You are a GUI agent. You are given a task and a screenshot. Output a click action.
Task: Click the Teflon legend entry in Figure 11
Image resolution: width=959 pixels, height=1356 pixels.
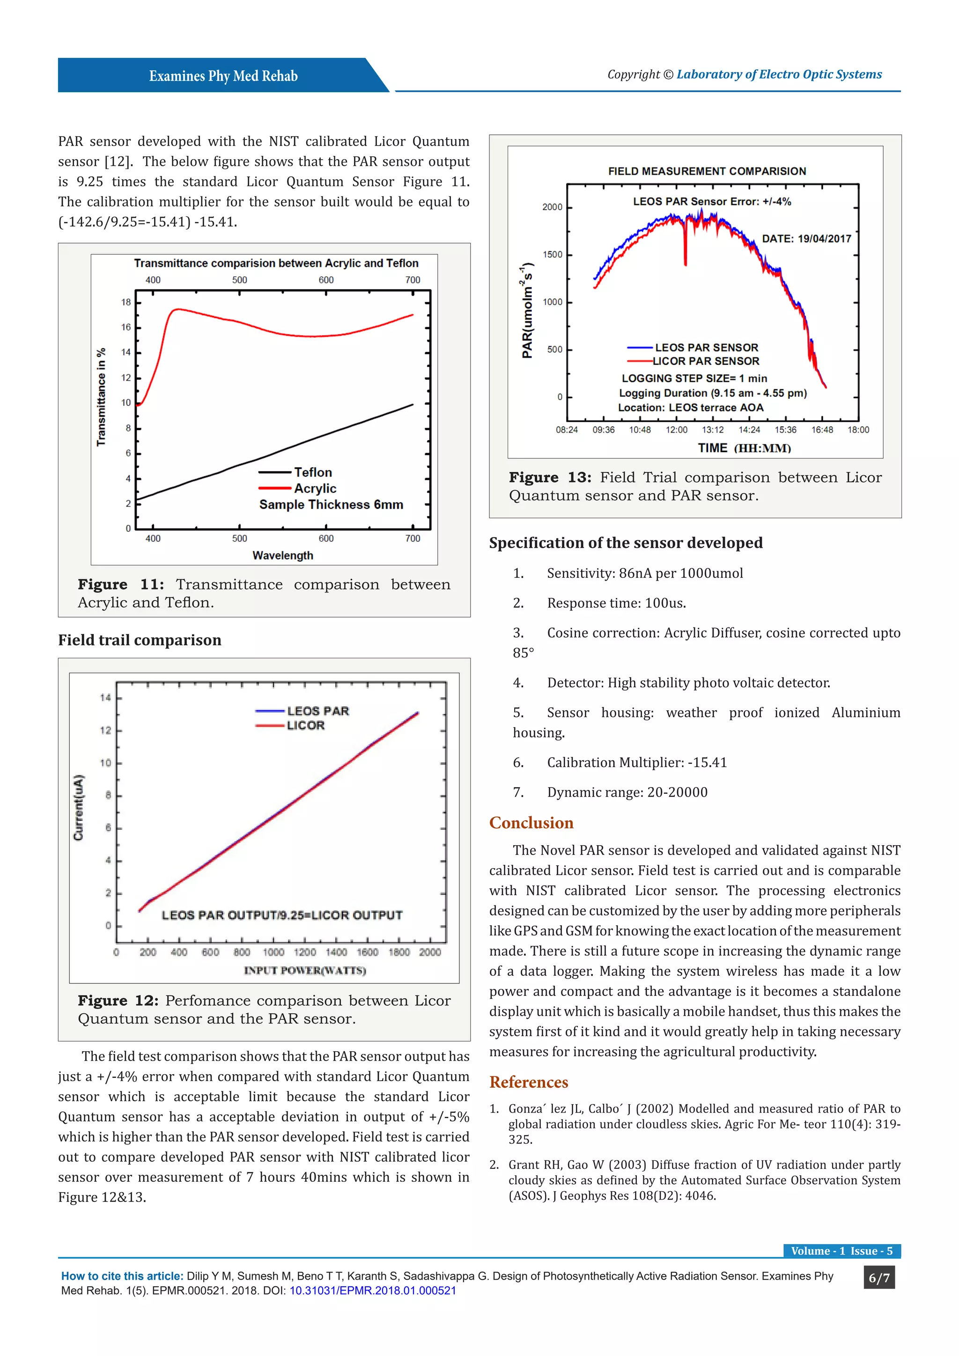pos(313,472)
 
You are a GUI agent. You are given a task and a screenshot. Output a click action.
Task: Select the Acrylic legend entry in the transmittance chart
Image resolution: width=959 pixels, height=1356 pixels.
pos(315,488)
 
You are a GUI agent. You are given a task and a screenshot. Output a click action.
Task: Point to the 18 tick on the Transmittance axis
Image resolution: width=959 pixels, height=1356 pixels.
pos(126,302)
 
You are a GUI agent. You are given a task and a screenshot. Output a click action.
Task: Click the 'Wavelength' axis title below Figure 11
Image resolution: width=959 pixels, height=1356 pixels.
pos(282,555)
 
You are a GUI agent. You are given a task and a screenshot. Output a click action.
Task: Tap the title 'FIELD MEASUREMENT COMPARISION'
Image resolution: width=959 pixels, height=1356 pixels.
pos(707,171)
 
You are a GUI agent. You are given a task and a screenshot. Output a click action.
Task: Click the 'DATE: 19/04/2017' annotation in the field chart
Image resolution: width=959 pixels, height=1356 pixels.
pos(806,239)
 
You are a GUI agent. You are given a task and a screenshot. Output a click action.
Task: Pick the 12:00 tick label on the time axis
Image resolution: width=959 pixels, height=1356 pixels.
pos(676,430)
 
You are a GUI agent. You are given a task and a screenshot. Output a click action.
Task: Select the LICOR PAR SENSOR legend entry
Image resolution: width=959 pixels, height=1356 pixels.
pos(706,361)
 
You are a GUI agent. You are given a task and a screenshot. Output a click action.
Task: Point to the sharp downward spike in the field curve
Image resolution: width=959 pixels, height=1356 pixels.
pos(685,248)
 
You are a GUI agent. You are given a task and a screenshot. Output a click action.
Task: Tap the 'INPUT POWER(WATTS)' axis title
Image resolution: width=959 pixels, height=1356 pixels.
pos(305,970)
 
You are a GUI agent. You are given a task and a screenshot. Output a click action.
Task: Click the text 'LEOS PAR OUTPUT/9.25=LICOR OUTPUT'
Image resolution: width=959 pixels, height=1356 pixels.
pos(282,915)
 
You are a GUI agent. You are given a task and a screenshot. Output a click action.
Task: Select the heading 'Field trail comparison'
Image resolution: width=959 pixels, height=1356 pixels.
pos(140,640)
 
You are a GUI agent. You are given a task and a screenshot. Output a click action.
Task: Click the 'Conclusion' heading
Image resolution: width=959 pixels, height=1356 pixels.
pos(531,823)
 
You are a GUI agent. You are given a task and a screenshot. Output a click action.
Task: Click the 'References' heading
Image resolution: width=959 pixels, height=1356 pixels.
pos(529,1082)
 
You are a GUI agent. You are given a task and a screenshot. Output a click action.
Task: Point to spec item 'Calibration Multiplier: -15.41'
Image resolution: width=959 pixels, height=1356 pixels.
pos(636,762)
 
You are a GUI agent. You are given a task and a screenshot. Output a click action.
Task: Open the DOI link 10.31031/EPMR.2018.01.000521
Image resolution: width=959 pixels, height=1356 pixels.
pos(373,1290)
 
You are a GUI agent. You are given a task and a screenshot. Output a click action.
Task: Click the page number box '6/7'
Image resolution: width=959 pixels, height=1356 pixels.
pos(878,1278)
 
